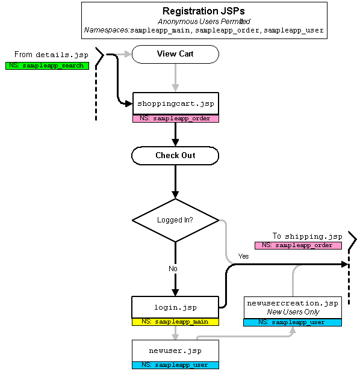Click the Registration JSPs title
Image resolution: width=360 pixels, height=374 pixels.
pyautogui.click(x=203, y=11)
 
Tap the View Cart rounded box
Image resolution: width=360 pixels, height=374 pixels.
pyautogui.click(x=175, y=54)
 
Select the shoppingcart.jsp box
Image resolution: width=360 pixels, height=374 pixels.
pyautogui.click(x=176, y=103)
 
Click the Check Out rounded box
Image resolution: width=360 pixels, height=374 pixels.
pyautogui.click(x=175, y=156)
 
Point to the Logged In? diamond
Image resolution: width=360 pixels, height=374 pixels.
pyautogui.click(x=175, y=220)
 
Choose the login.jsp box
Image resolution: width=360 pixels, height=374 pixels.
pyautogui.click(x=175, y=307)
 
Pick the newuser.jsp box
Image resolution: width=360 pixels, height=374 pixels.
pyautogui.click(x=175, y=351)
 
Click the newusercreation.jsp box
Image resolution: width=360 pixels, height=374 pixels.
pyautogui.click(x=293, y=307)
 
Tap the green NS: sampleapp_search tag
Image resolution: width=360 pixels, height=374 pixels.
pyautogui.click(x=48, y=66)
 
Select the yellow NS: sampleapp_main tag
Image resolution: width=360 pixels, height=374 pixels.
pyautogui.click(x=175, y=322)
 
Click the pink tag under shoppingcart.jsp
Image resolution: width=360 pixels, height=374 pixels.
pyautogui.click(x=176, y=118)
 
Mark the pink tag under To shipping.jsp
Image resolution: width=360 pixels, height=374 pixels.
pyautogui.click(x=298, y=245)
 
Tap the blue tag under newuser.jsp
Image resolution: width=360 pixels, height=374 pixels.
pyautogui.click(x=175, y=365)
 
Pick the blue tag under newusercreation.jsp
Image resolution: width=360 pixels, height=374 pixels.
pyautogui.click(x=293, y=322)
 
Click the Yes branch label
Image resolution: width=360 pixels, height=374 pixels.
pyautogui.click(x=243, y=256)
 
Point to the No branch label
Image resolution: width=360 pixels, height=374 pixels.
pyautogui.click(x=173, y=269)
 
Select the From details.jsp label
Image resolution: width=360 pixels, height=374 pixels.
pyautogui.click(x=51, y=55)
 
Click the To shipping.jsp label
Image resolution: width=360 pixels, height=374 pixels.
pyautogui.click(x=308, y=236)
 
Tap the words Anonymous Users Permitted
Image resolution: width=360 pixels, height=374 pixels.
pyautogui.click(x=204, y=22)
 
